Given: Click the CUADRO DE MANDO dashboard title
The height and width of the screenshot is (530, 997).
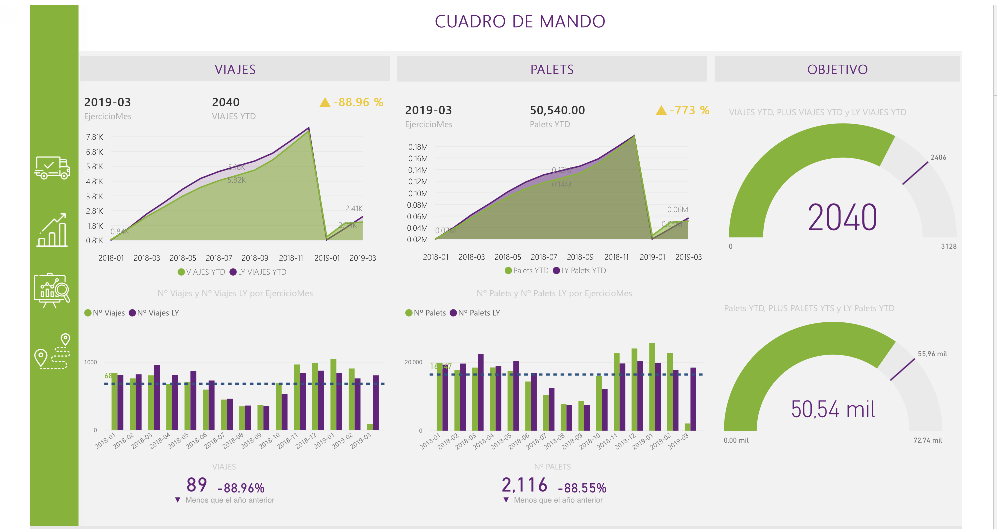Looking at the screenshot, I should click(520, 21).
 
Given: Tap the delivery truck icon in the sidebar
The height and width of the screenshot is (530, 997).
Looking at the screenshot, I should click(52, 168).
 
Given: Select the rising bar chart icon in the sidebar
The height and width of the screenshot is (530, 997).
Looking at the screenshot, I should click(52, 230).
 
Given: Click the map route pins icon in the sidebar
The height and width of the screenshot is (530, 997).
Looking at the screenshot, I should click(52, 351).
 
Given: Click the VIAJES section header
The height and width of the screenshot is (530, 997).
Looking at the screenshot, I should click(235, 69).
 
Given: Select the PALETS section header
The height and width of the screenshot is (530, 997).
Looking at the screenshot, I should click(552, 69).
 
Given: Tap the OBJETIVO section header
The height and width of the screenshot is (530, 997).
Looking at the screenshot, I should click(837, 69).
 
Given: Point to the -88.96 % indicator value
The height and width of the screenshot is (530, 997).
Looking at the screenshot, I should click(358, 102).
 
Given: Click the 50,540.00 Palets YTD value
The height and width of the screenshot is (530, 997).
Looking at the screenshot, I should click(557, 110).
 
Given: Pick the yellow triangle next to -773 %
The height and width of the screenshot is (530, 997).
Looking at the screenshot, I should click(661, 111).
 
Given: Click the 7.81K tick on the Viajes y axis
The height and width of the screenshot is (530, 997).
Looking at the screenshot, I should click(95, 137).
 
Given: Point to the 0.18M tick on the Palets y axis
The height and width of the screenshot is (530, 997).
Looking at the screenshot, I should click(418, 147).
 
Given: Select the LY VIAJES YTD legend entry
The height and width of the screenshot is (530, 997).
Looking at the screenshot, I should click(258, 272).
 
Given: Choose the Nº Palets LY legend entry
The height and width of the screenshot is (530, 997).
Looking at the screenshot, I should click(475, 313).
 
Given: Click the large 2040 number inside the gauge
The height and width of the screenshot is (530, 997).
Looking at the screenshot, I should click(842, 218).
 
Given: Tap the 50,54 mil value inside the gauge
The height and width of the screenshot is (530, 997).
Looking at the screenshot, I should click(833, 409).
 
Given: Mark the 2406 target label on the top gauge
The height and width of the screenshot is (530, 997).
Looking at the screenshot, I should click(938, 157).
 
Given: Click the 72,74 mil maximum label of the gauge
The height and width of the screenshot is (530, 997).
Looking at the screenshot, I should click(927, 440).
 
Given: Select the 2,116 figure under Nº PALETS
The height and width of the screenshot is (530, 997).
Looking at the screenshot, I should click(524, 485).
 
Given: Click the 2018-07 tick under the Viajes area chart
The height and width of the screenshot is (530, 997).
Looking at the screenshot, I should click(219, 258).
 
